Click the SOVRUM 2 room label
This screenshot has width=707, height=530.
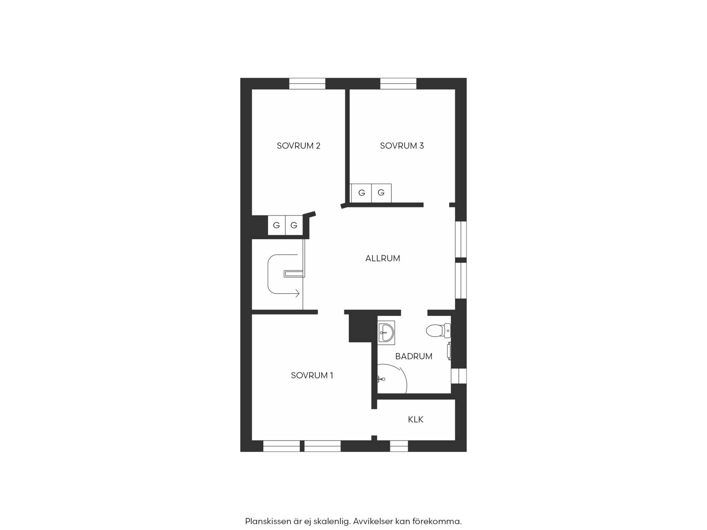[299, 146]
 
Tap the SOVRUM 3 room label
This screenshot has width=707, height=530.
[402, 146]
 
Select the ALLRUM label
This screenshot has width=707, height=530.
[383, 258]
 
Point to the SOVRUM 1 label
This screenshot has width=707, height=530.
[312, 375]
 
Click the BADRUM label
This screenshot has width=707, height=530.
[414, 356]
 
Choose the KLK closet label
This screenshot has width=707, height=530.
[416, 420]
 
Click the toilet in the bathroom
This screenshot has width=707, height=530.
[438, 331]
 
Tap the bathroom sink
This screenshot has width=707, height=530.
[386, 333]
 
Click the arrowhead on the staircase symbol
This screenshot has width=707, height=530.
[298, 293]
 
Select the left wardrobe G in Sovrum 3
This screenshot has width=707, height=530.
[362, 193]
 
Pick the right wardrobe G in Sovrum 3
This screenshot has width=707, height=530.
[381, 193]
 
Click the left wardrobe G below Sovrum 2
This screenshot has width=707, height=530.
[277, 225]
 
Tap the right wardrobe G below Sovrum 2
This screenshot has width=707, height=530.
[294, 225]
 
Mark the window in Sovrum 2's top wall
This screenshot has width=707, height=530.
[307, 84]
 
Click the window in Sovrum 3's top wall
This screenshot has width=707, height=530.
[398, 84]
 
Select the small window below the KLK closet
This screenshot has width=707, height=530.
[399, 446]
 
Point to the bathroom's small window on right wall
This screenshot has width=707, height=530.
[459, 376]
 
